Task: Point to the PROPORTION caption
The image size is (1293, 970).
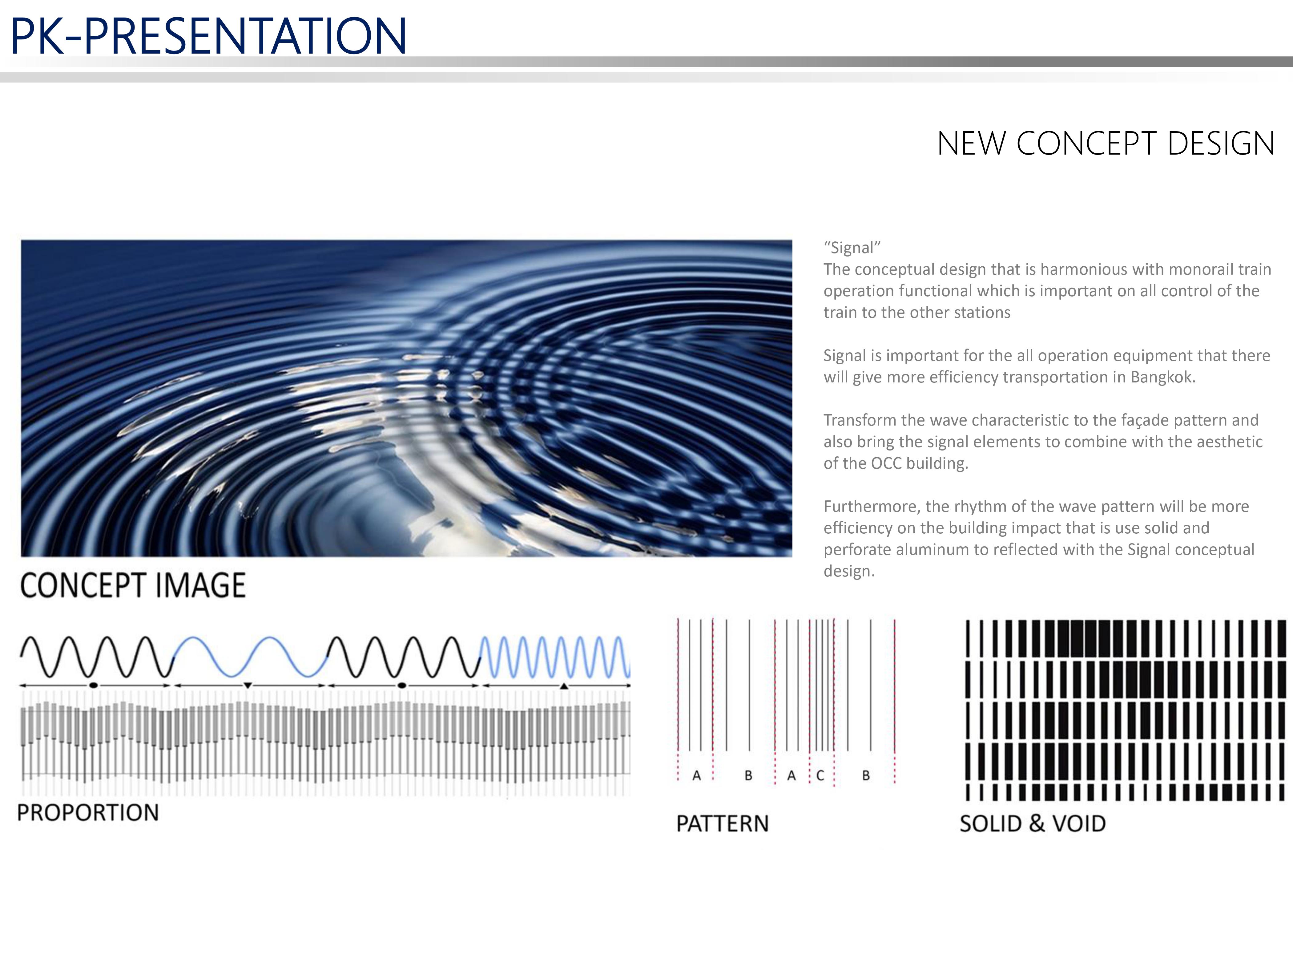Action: coord(88,813)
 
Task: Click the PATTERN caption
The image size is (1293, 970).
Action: coord(723,824)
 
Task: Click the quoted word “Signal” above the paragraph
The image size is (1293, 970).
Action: coord(852,248)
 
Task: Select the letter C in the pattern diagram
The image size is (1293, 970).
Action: coord(820,775)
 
